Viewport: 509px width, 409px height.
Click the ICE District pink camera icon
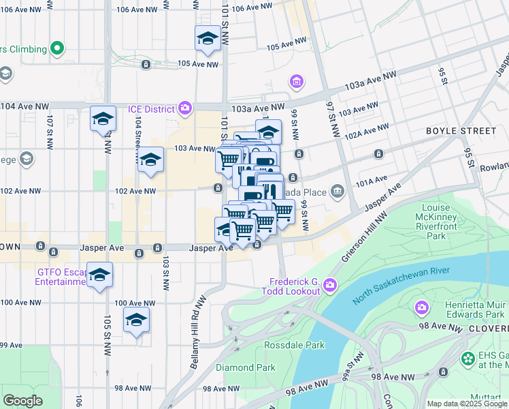coord(184,108)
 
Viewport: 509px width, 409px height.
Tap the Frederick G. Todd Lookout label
coord(294,286)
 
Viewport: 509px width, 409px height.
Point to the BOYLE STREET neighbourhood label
coord(461,130)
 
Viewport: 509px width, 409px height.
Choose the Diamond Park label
coord(245,367)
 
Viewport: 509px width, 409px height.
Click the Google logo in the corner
coord(22,401)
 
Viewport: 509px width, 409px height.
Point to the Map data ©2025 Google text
coord(466,404)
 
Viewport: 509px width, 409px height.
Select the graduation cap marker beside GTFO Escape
coord(99,275)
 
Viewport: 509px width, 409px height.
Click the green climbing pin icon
coord(58,49)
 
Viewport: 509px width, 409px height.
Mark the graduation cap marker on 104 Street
coord(151,160)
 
